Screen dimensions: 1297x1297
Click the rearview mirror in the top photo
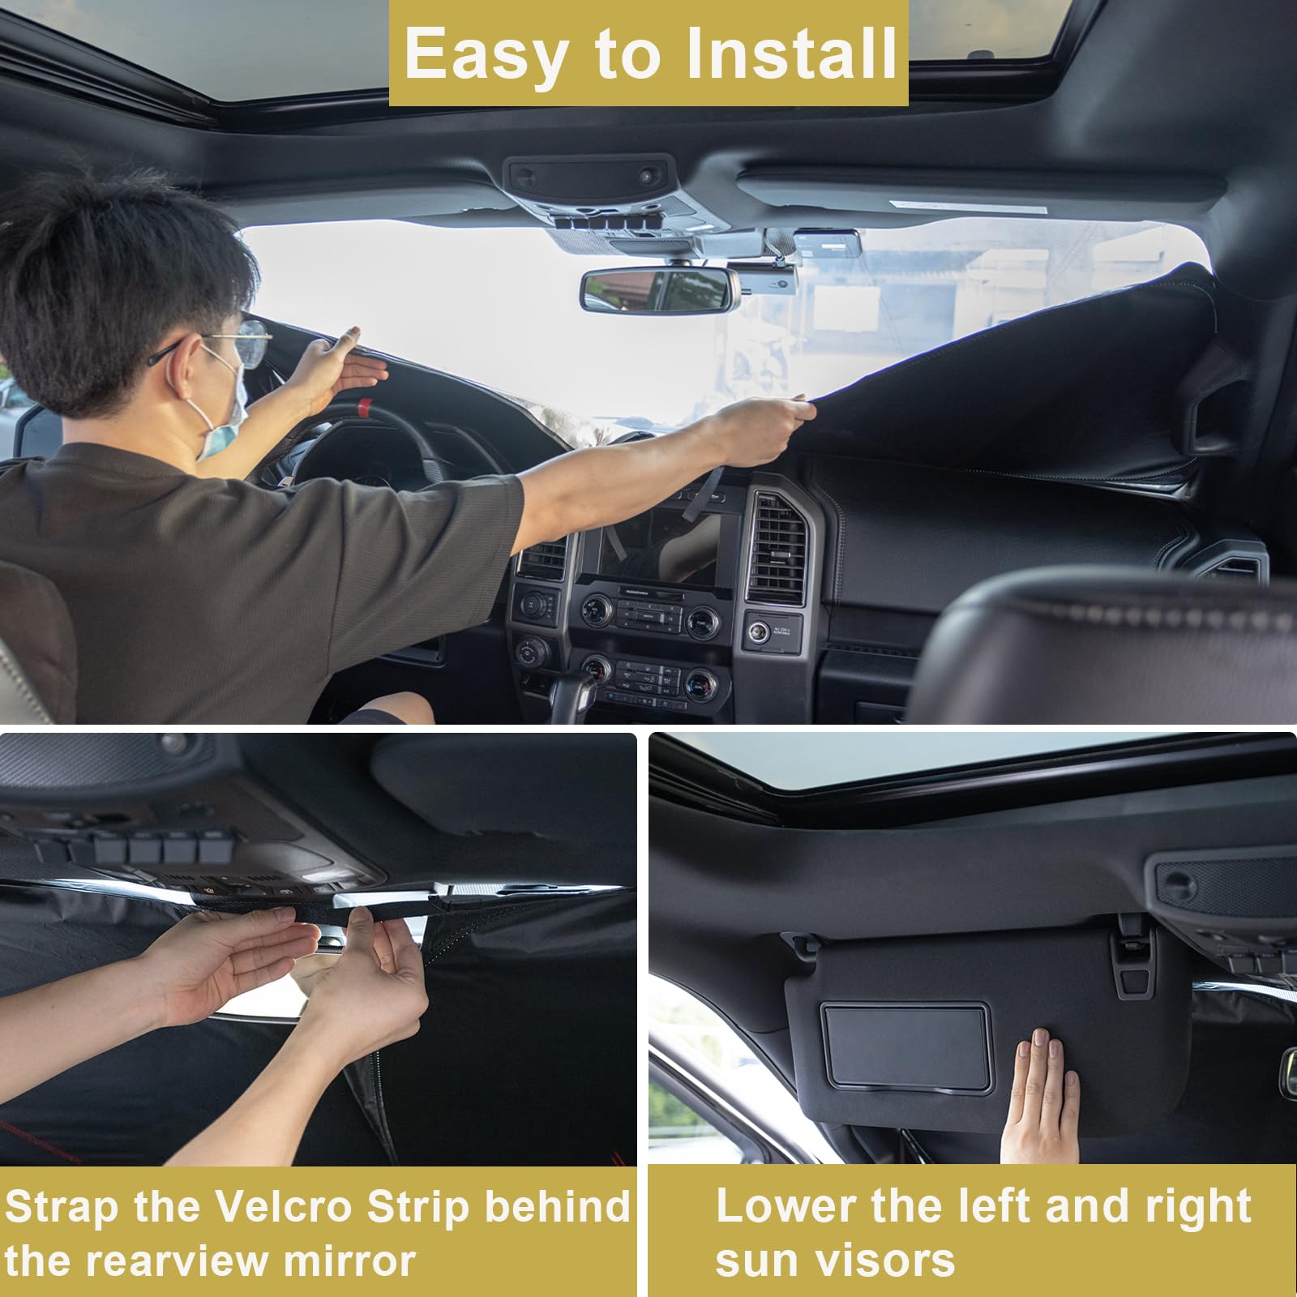click(x=658, y=289)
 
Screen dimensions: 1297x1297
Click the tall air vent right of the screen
click(x=777, y=549)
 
